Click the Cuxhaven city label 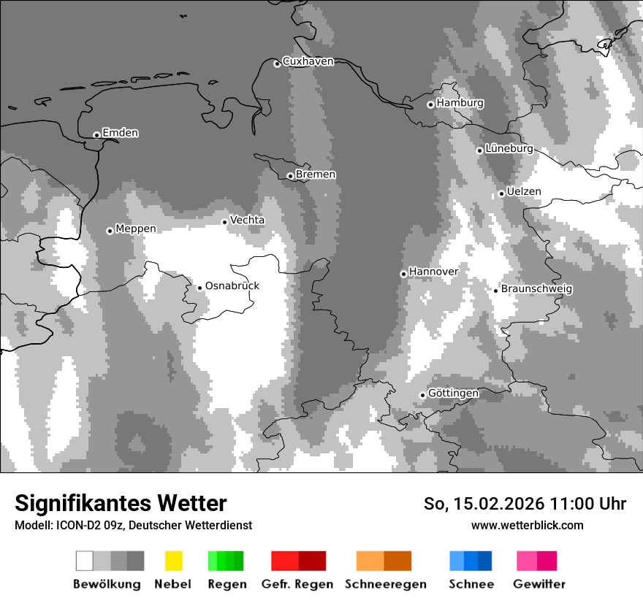[x=308, y=61]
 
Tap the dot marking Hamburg [x=430, y=104]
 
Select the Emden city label [x=120, y=133]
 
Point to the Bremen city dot [x=290, y=176]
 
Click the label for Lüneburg [x=509, y=148]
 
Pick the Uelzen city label [x=524, y=191]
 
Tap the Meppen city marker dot [x=110, y=231]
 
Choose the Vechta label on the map [x=247, y=220]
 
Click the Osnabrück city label [x=232, y=285]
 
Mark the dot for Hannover [x=403, y=274]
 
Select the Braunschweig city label [x=536, y=288]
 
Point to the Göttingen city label [x=453, y=393]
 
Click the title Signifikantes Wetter [x=121, y=504]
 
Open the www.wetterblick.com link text [x=527, y=525]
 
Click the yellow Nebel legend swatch [x=173, y=561]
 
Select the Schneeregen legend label [x=385, y=584]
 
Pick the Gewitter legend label [x=539, y=584]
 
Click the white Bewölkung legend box [x=85, y=561]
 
